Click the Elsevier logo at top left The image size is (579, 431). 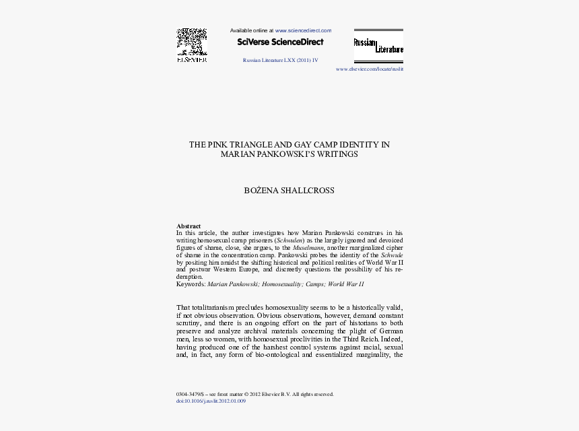click(x=191, y=46)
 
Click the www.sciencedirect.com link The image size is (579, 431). click(x=303, y=30)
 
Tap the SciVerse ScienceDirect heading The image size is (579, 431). click(x=280, y=42)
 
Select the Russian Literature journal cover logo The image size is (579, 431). click(x=378, y=46)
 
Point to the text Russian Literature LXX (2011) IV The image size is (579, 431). click(x=280, y=60)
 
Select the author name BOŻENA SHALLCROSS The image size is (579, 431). click(x=289, y=191)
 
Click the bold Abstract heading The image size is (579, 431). click(x=189, y=226)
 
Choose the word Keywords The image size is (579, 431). click(x=191, y=284)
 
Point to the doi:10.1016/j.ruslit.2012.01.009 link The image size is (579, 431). click(x=211, y=401)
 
